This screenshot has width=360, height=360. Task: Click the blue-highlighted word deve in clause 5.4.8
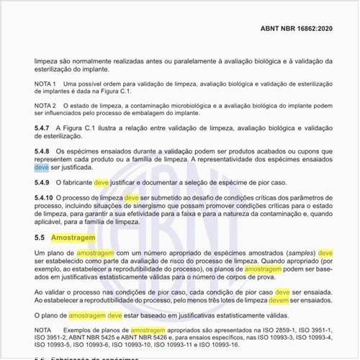(x=42, y=166)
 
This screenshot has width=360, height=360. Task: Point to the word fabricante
(x=76, y=184)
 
